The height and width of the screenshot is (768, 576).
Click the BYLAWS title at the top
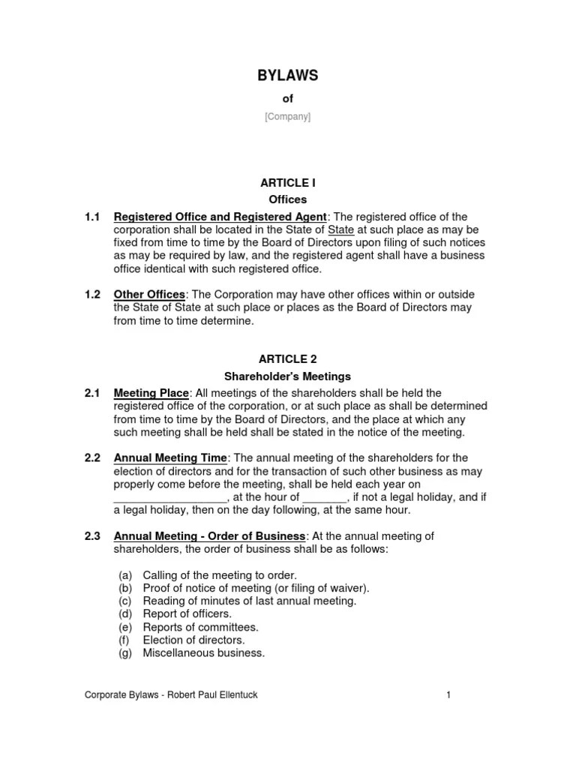[288, 75]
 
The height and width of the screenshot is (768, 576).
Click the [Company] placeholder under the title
[288, 117]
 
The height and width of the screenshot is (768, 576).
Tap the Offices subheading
[288, 199]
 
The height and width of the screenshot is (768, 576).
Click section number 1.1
[92, 217]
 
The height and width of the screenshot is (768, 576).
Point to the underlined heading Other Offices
[148, 295]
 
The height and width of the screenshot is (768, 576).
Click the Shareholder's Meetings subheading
[288, 376]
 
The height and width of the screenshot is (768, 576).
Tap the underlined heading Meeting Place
[151, 393]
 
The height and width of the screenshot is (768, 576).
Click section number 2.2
[92, 457]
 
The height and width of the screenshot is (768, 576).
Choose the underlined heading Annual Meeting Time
[169, 457]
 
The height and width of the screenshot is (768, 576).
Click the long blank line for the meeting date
[169, 497]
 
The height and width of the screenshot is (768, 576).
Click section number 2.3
[92, 536]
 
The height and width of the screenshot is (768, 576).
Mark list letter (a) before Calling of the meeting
[125, 575]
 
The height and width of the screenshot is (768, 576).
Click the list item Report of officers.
[187, 614]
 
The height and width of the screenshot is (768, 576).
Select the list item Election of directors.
[193, 640]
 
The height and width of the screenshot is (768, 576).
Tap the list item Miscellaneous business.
[203, 653]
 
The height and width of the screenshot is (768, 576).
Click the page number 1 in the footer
[448, 696]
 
